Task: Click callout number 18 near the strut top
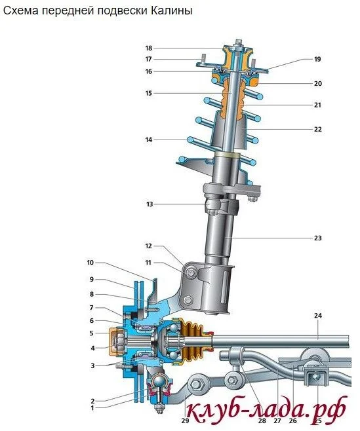(x=149, y=48)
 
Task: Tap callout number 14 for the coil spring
(x=149, y=140)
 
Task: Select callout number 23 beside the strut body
(x=318, y=238)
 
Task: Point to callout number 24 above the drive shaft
(x=318, y=316)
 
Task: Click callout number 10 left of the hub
(x=90, y=263)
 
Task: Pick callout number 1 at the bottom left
(x=92, y=408)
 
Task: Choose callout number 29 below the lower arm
(x=185, y=421)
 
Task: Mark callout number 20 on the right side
(x=318, y=84)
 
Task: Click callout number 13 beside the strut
(x=150, y=204)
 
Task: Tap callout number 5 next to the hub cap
(x=92, y=333)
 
